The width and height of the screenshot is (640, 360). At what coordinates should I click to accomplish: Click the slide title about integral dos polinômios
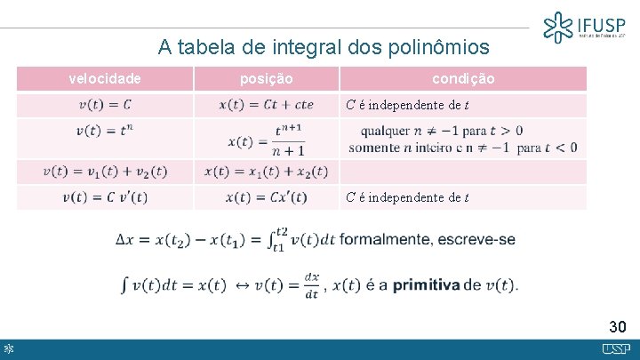click(x=324, y=45)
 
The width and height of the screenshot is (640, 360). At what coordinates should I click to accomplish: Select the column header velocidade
click(x=105, y=79)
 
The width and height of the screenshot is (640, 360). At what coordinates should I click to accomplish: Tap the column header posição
click(x=267, y=79)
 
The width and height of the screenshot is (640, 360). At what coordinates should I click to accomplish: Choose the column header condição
click(x=462, y=79)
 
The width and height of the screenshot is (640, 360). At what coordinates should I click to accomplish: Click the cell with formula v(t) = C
click(x=105, y=105)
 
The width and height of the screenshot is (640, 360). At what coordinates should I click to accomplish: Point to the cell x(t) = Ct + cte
click(x=266, y=105)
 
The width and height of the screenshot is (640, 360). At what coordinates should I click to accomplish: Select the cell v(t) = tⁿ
click(x=105, y=130)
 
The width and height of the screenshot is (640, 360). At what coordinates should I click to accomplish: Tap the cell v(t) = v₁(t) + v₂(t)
click(x=105, y=172)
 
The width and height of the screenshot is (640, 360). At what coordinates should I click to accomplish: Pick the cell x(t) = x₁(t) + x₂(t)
click(x=266, y=172)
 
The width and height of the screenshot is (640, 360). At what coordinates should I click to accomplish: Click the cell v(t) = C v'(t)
click(x=105, y=197)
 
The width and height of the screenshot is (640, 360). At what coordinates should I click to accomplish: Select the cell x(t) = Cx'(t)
click(x=266, y=197)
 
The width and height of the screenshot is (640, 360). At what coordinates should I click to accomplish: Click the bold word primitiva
click(x=426, y=284)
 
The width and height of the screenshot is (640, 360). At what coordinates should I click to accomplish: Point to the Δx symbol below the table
click(x=125, y=239)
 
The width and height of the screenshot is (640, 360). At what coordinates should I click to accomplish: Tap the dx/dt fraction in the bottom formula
click(x=311, y=284)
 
